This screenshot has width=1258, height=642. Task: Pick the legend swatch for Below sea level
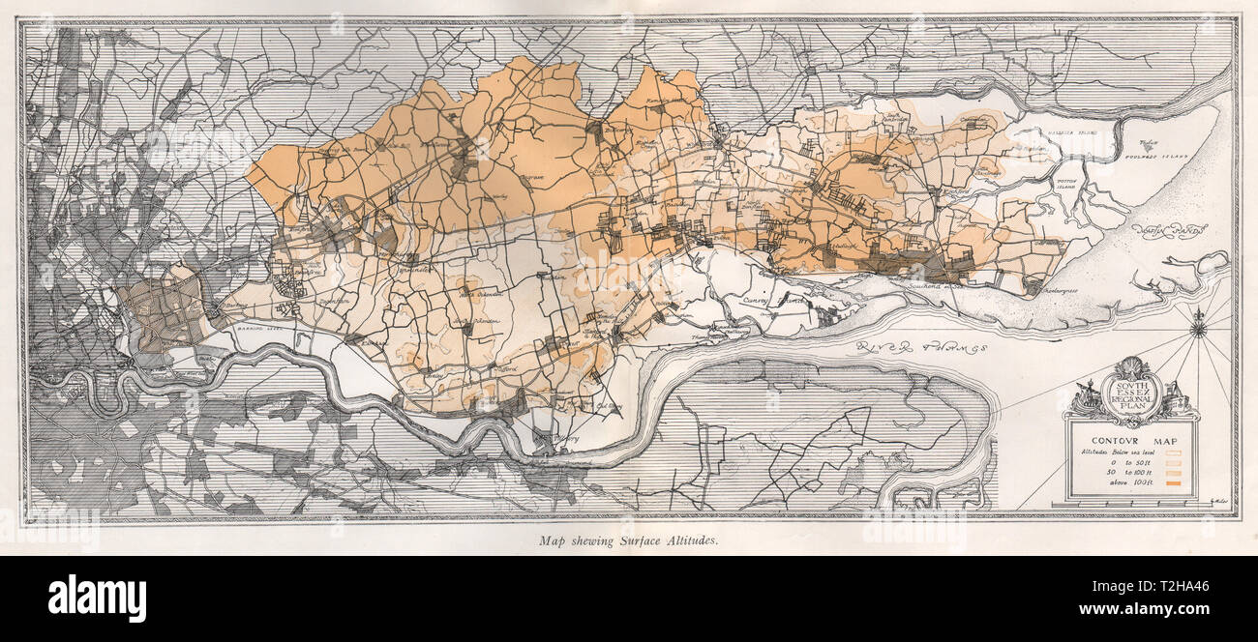(1175, 450)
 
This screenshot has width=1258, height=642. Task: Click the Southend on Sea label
(939, 284)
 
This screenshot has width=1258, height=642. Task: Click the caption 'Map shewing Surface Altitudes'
(628, 541)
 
